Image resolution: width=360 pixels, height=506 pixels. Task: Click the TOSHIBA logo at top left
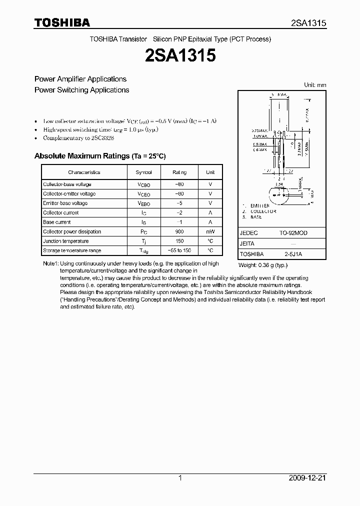[62, 22]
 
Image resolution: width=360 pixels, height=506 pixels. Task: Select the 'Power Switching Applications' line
[81, 90]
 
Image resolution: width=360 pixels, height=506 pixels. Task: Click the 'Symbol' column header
[143, 172]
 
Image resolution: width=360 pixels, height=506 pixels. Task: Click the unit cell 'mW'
[210, 231]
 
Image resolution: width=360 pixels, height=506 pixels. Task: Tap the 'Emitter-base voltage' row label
[65, 203]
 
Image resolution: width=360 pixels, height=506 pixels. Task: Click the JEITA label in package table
[247, 243]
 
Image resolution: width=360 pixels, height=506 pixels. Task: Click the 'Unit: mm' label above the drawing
[315, 85]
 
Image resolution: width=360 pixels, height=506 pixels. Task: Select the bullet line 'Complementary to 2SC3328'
[78, 137]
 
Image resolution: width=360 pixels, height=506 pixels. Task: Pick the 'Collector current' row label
[60, 212]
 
